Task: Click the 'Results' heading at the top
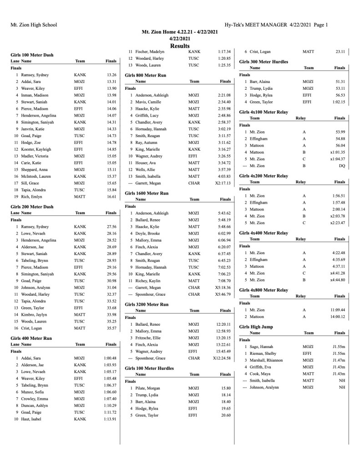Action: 180,46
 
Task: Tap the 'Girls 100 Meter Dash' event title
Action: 32,55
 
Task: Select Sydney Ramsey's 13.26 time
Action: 111,74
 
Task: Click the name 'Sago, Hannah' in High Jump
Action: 261,347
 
